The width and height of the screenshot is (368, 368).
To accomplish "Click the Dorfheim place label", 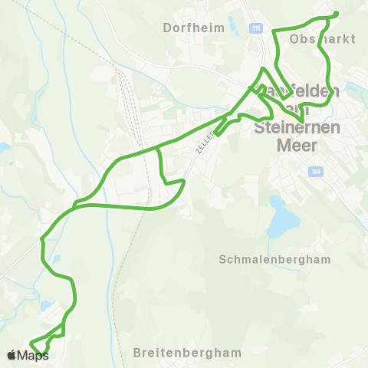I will coord(194,28).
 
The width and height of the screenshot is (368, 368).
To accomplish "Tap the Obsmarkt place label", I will coord(323,38).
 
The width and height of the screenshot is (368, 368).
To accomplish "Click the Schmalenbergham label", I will coord(274,259).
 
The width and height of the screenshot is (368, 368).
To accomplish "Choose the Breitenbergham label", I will coord(186,353).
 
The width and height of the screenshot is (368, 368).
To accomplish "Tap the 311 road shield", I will coord(256,28).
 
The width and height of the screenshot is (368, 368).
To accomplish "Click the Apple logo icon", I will coord(11,355).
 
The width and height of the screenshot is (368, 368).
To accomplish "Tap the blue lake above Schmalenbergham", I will coord(284,223).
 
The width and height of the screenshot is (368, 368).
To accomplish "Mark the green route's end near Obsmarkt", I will coord(337,14).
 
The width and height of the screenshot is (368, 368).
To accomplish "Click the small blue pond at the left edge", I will coord(3,146).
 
